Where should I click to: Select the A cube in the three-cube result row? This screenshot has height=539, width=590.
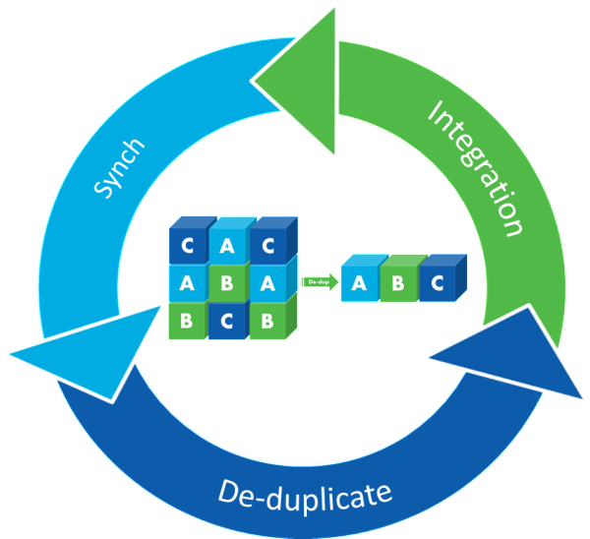click(x=359, y=284)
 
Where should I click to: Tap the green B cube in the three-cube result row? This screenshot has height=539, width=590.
click(x=398, y=284)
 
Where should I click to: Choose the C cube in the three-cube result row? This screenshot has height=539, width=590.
click(x=439, y=284)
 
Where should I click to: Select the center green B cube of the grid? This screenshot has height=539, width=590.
click(x=227, y=284)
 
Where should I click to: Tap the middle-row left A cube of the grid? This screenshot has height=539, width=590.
click(x=187, y=284)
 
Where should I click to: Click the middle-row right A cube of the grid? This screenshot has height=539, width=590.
click(x=267, y=284)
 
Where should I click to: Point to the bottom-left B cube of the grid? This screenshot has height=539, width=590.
click(x=187, y=322)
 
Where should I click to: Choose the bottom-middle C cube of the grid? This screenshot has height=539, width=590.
click(x=227, y=322)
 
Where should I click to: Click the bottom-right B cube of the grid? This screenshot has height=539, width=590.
click(x=267, y=322)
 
